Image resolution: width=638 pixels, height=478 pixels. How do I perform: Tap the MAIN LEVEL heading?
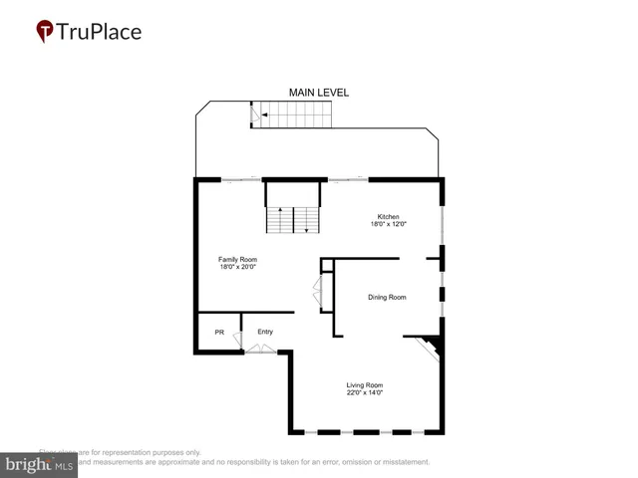coord(319,93)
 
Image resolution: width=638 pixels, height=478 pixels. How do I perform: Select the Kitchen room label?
coord(388,217)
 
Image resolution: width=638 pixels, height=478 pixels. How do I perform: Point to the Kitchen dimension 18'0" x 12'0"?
coord(388,225)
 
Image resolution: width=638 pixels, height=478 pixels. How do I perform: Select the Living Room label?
coord(365,384)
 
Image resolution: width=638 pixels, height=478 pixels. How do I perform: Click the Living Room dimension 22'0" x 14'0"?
coord(365,392)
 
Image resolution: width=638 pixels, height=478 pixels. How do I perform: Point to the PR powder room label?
coord(219,332)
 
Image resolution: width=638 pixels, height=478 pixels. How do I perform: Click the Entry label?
coord(265,332)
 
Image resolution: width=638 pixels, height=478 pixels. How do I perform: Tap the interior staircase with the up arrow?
coord(292,218)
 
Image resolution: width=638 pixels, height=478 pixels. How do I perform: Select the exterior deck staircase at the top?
coord(289,114)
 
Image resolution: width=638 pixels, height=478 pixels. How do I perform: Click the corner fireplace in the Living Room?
coord(431,347)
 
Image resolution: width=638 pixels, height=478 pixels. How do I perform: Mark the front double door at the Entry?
coord(262,349)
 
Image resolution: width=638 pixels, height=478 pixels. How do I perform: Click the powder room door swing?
coord(238,341)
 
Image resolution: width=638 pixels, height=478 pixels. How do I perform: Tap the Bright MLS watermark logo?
coord(40,465)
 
